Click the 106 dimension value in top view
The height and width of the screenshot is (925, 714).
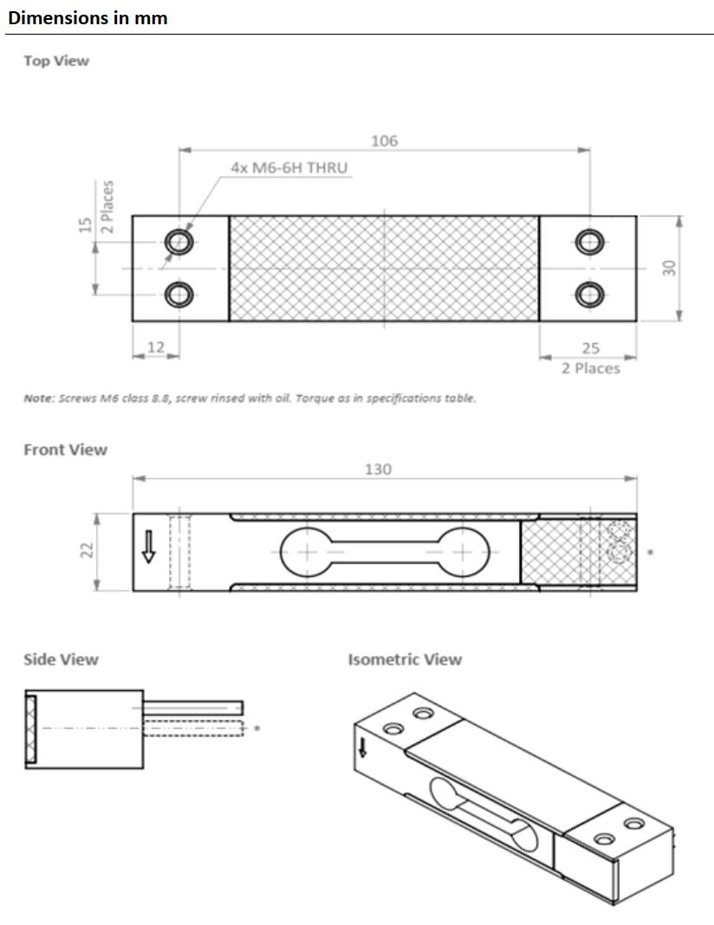click(384, 141)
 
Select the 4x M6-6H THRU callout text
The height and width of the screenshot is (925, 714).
click(289, 167)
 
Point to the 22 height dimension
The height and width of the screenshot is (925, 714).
click(87, 552)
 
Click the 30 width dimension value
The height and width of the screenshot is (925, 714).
click(669, 268)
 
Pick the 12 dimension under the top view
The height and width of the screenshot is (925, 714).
click(155, 346)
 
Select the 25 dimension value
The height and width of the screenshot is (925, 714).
click(590, 348)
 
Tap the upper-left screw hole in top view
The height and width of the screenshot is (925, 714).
click(179, 242)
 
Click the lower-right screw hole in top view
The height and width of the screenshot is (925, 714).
click(588, 294)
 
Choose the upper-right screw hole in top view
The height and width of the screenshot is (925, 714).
click(588, 242)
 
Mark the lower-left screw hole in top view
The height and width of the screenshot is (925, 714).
click(179, 294)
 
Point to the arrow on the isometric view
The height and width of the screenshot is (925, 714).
click(362, 746)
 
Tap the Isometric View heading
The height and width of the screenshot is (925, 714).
click(405, 659)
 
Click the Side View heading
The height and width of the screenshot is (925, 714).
click(61, 659)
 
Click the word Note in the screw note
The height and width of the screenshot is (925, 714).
click(38, 398)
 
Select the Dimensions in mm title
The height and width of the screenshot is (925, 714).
click(88, 17)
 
